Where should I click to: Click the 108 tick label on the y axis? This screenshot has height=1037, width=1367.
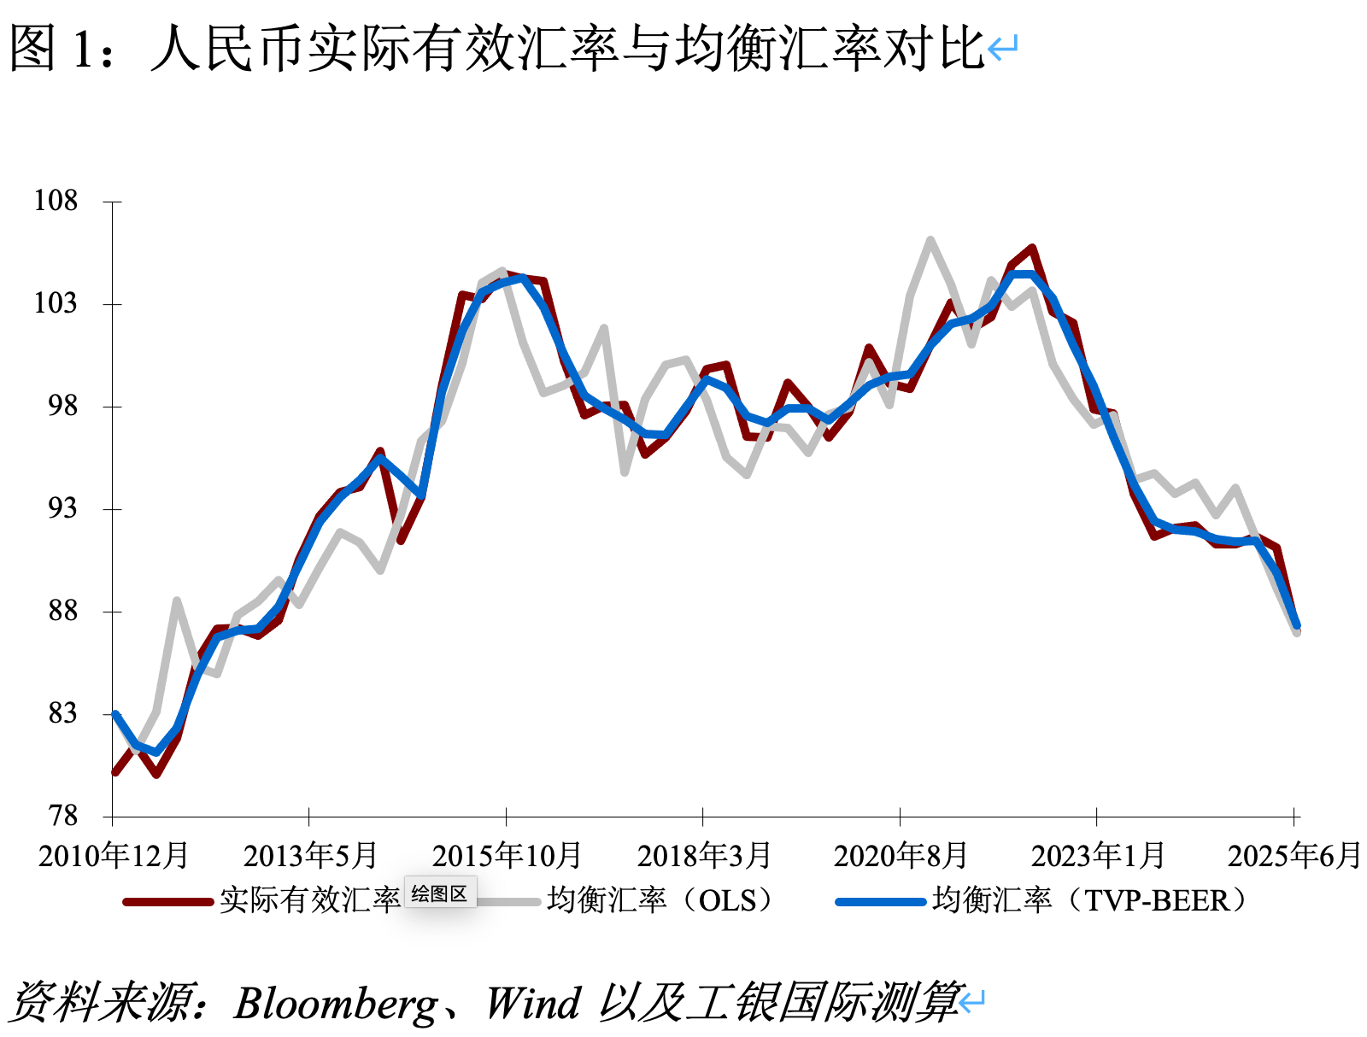point(56,201)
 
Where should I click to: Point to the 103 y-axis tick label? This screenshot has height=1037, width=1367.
point(56,303)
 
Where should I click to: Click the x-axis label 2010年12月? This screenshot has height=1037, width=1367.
point(113,855)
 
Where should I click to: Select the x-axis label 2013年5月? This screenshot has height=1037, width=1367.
point(309,855)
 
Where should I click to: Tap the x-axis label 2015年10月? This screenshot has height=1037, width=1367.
point(506,855)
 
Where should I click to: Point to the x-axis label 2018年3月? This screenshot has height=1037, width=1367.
point(703,855)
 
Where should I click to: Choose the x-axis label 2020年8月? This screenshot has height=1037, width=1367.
point(900,855)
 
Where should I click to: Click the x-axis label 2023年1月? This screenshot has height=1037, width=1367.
point(1097,855)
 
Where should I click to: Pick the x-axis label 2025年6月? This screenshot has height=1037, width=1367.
point(1294,855)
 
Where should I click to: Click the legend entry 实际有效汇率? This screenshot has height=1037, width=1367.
point(309,900)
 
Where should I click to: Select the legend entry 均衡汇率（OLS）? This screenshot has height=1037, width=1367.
point(662,900)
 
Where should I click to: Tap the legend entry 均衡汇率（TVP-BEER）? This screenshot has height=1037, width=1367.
point(1090,900)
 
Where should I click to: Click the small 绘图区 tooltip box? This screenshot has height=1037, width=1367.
point(439,894)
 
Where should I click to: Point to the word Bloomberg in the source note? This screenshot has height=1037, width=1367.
point(336,1003)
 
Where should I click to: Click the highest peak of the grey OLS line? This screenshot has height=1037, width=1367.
point(930,240)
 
